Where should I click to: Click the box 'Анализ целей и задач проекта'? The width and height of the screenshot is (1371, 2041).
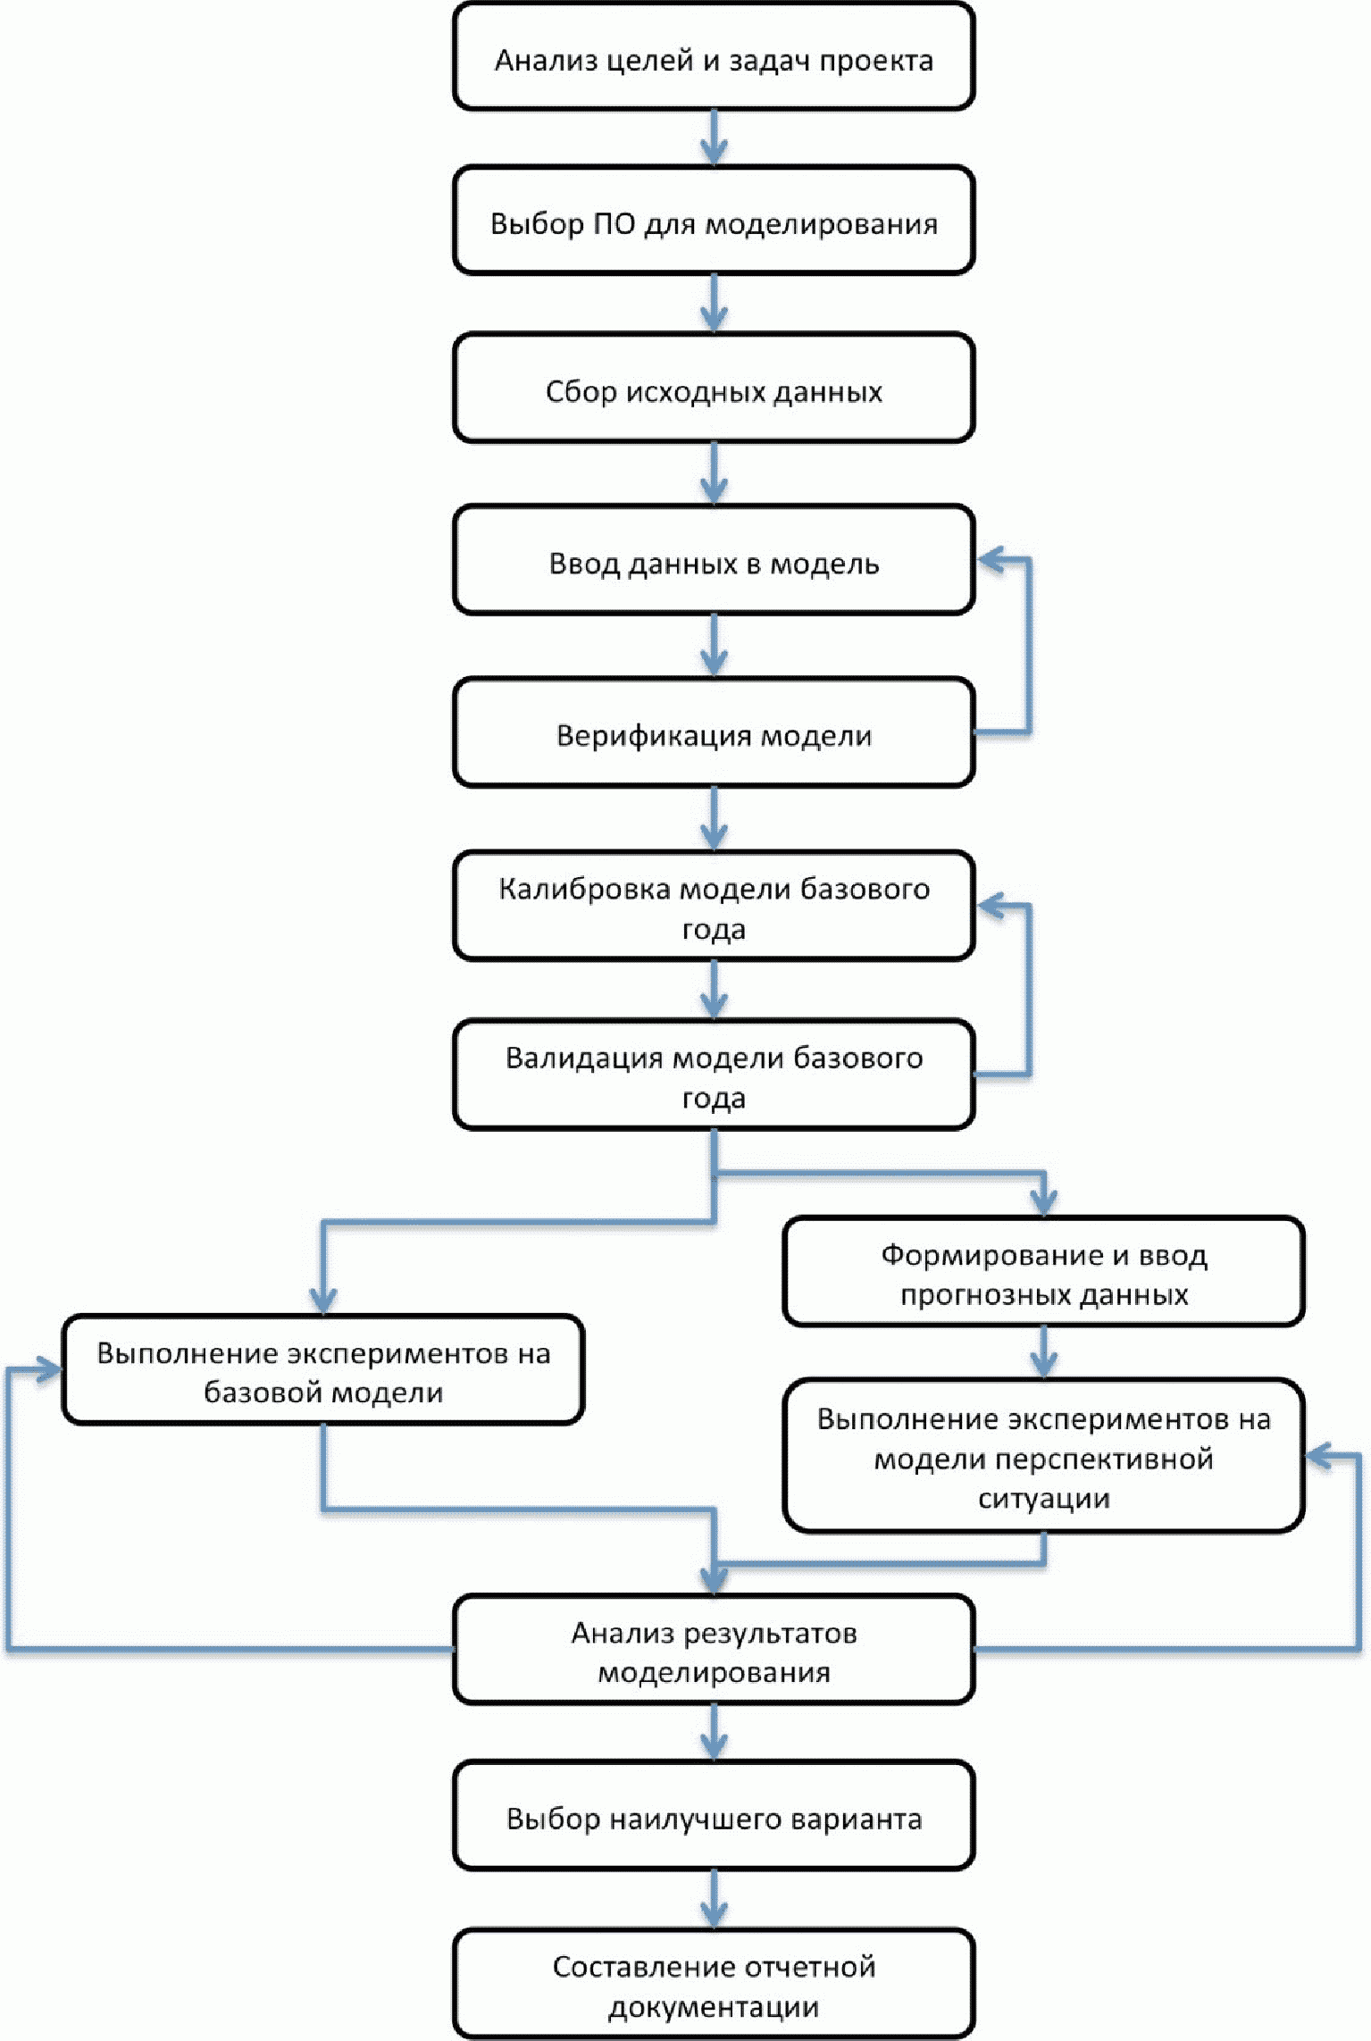click(x=714, y=56)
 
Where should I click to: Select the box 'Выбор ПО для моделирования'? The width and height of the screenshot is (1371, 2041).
click(x=714, y=220)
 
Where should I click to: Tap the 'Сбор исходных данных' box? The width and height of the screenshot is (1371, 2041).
click(x=714, y=388)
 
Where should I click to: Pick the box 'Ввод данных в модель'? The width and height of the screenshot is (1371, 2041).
click(x=714, y=560)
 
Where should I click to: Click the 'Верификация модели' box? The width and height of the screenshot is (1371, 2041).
click(x=714, y=732)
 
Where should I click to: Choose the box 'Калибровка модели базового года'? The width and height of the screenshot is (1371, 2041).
click(x=714, y=906)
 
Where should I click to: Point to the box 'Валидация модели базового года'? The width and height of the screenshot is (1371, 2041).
click(x=714, y=1075)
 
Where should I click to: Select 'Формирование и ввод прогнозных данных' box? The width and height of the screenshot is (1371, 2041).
click(x=1044, y=1271)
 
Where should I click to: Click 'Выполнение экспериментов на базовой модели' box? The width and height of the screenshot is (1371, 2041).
click(x=323, y=1369)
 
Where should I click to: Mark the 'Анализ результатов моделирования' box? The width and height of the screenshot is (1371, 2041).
click(x=714, y=1650)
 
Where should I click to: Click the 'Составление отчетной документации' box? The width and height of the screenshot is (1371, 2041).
click(x=714, y=1984)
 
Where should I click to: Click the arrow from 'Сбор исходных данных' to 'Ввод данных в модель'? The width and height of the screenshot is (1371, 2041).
click(x=714, y=473)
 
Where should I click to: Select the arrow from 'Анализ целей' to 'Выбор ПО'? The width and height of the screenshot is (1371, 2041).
click(x=714, y=138)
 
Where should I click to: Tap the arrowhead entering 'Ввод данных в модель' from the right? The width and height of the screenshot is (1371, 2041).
click(x=991, y=560)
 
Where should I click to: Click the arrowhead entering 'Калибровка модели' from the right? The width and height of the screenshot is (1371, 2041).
click(x=991, y=906)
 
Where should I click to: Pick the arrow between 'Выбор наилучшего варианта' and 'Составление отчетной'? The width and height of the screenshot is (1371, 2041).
click(x=714, y=1900)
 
